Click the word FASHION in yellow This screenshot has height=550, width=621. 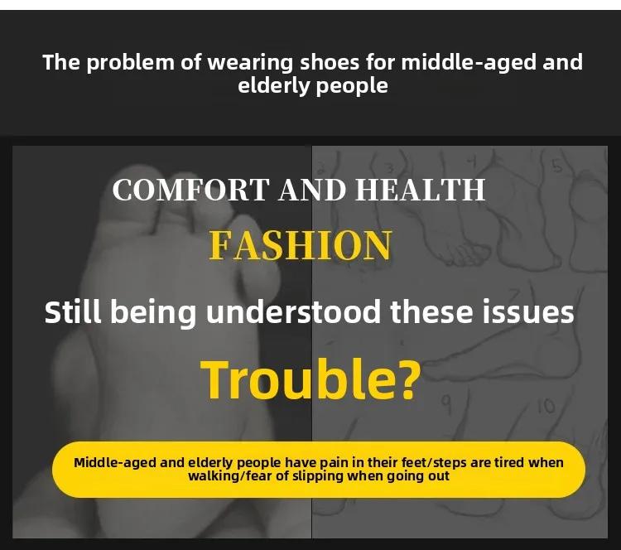301,246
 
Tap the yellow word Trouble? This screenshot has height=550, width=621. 310,379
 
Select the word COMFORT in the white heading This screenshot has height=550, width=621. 191,190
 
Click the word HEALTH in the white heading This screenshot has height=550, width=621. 420,190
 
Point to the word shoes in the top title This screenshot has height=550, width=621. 330,62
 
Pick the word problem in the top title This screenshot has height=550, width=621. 130,64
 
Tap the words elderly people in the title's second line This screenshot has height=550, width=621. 313,86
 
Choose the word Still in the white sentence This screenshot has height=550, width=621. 73,312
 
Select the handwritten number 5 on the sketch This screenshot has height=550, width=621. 557,167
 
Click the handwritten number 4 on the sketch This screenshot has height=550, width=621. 471,162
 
